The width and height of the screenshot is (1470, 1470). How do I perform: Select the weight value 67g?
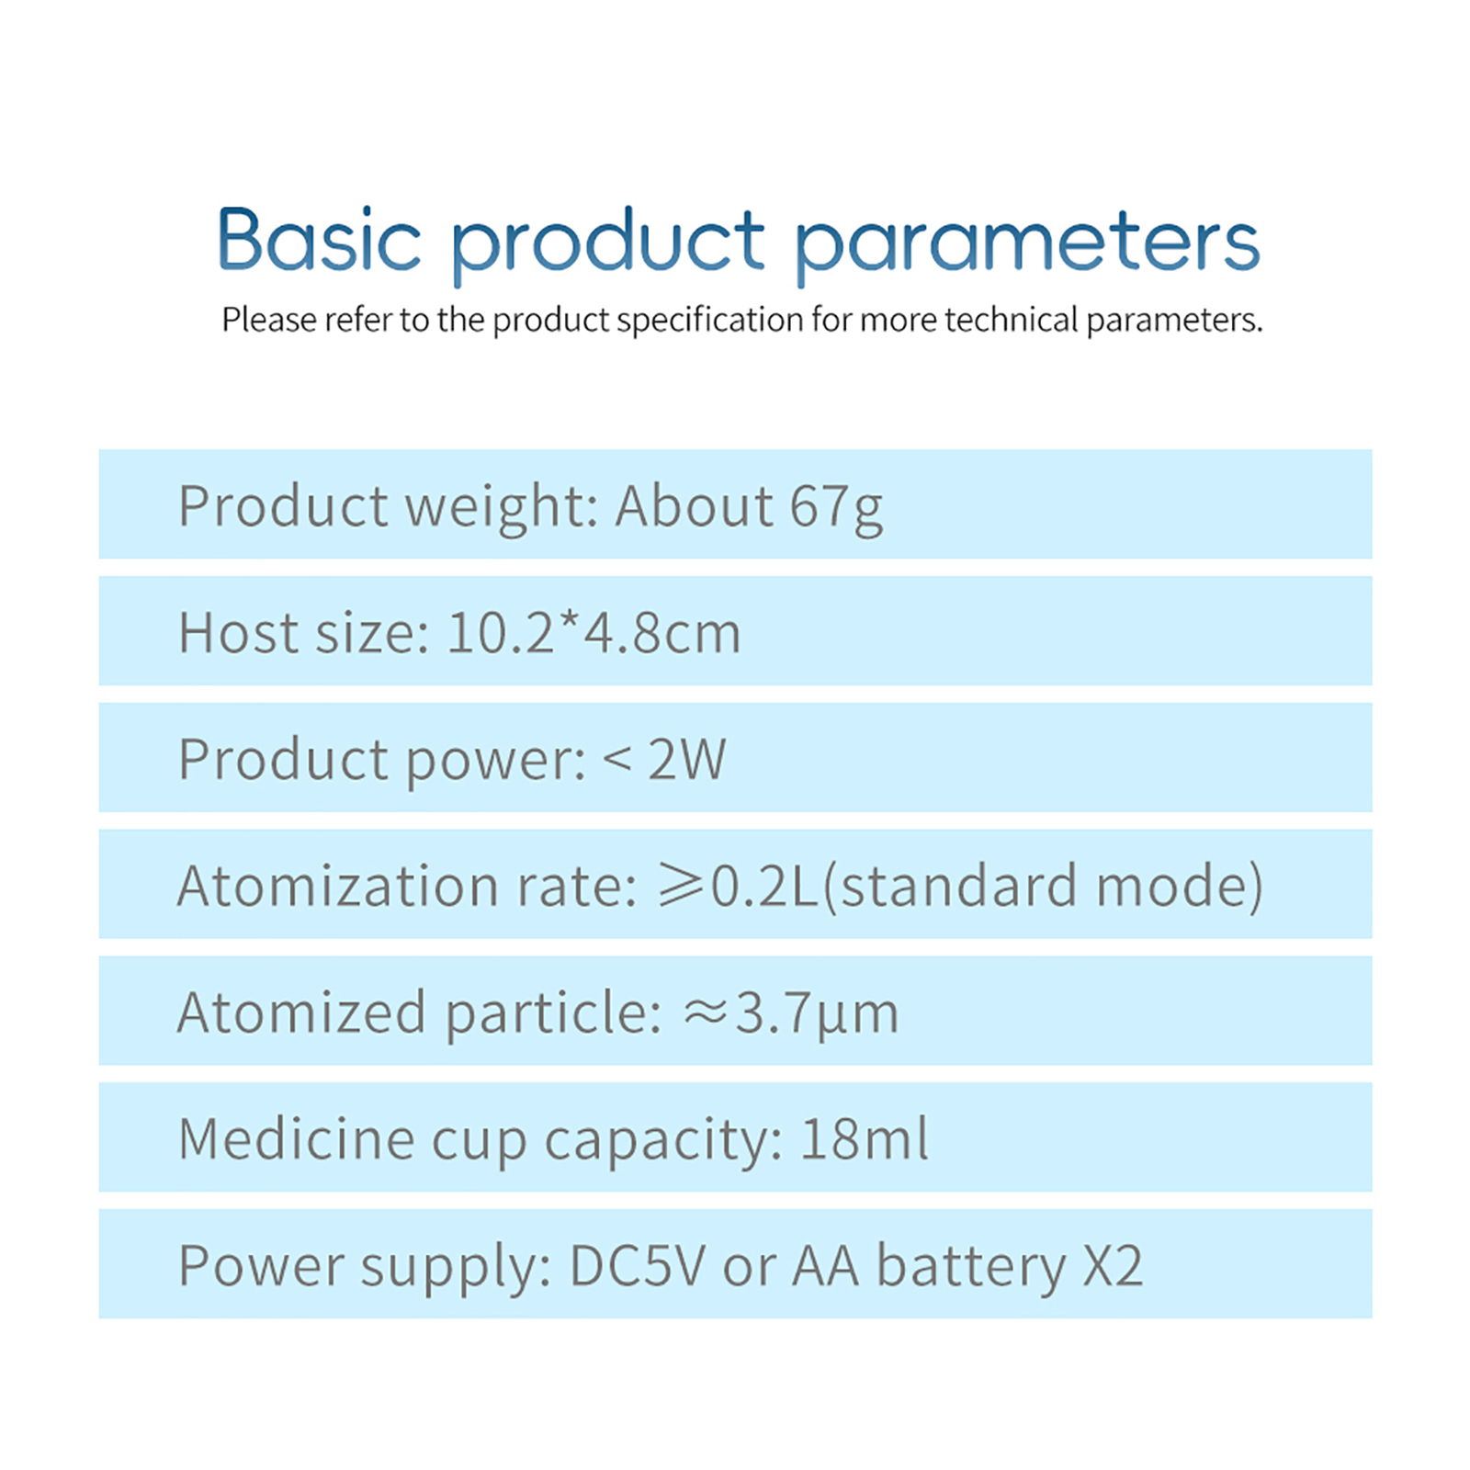click(836, 508)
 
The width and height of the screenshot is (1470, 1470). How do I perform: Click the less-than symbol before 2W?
click(617, 760)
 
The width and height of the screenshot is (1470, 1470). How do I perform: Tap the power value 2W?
click(686, 759)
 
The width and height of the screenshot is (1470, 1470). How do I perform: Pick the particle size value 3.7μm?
click(817, 1015)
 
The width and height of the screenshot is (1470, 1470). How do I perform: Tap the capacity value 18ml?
click(864, 1139)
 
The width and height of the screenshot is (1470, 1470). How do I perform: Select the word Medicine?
click(297, 1139)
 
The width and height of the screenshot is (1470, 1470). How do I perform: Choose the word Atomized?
click(301, 1012)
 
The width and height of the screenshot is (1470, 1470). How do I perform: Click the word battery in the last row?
click(971, 1268)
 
